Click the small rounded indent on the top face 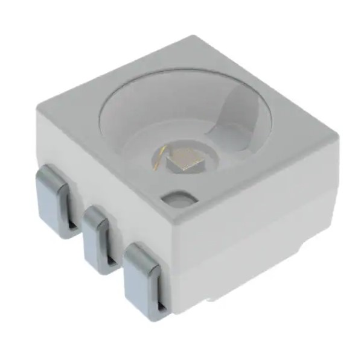click(179, 198)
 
